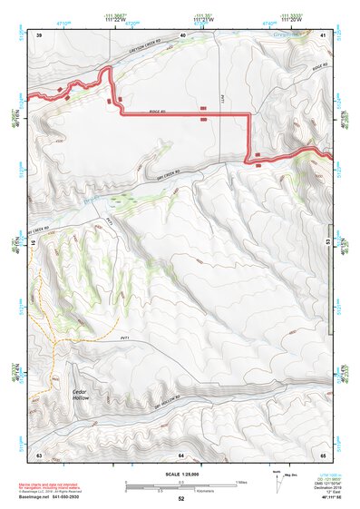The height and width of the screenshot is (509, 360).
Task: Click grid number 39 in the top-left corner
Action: point(40,33)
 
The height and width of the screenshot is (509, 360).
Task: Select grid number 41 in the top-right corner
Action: point(323,33)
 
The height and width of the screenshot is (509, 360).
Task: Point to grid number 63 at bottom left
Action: point(40,454)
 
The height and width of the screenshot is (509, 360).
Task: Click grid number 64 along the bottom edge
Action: point(181,454)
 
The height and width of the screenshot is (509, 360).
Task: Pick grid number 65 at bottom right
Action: point(323,454)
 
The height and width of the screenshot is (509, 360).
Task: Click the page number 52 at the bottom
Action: point(181,499)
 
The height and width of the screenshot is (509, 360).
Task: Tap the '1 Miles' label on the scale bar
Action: point(239,481)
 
